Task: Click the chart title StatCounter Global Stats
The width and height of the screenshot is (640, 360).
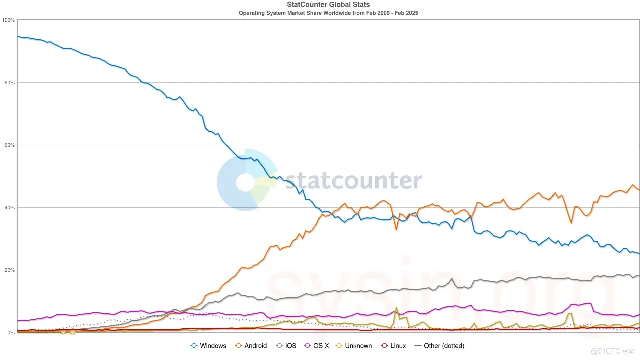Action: click(328, 5)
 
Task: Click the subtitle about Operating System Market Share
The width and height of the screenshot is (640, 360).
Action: click(328, 13)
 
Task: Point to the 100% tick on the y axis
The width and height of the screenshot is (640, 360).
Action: click(8, 20)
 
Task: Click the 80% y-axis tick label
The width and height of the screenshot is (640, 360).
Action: click(9, 82)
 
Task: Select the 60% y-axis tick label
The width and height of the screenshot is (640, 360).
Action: click(9, 145)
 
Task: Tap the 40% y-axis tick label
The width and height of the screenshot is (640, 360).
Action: click(9, 207)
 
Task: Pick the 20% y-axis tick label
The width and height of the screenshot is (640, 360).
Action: click(9, 270)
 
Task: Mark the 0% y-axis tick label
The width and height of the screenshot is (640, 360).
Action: click(11, 332)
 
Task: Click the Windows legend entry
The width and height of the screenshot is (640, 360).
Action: click(208, 346)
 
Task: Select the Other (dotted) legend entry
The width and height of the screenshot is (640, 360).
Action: click(439, 346)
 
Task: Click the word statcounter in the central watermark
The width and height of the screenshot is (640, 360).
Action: click(353, 181)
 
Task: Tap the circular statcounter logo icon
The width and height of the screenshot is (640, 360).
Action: click(246, 181)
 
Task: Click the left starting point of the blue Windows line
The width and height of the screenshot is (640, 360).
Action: click(18, 36)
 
